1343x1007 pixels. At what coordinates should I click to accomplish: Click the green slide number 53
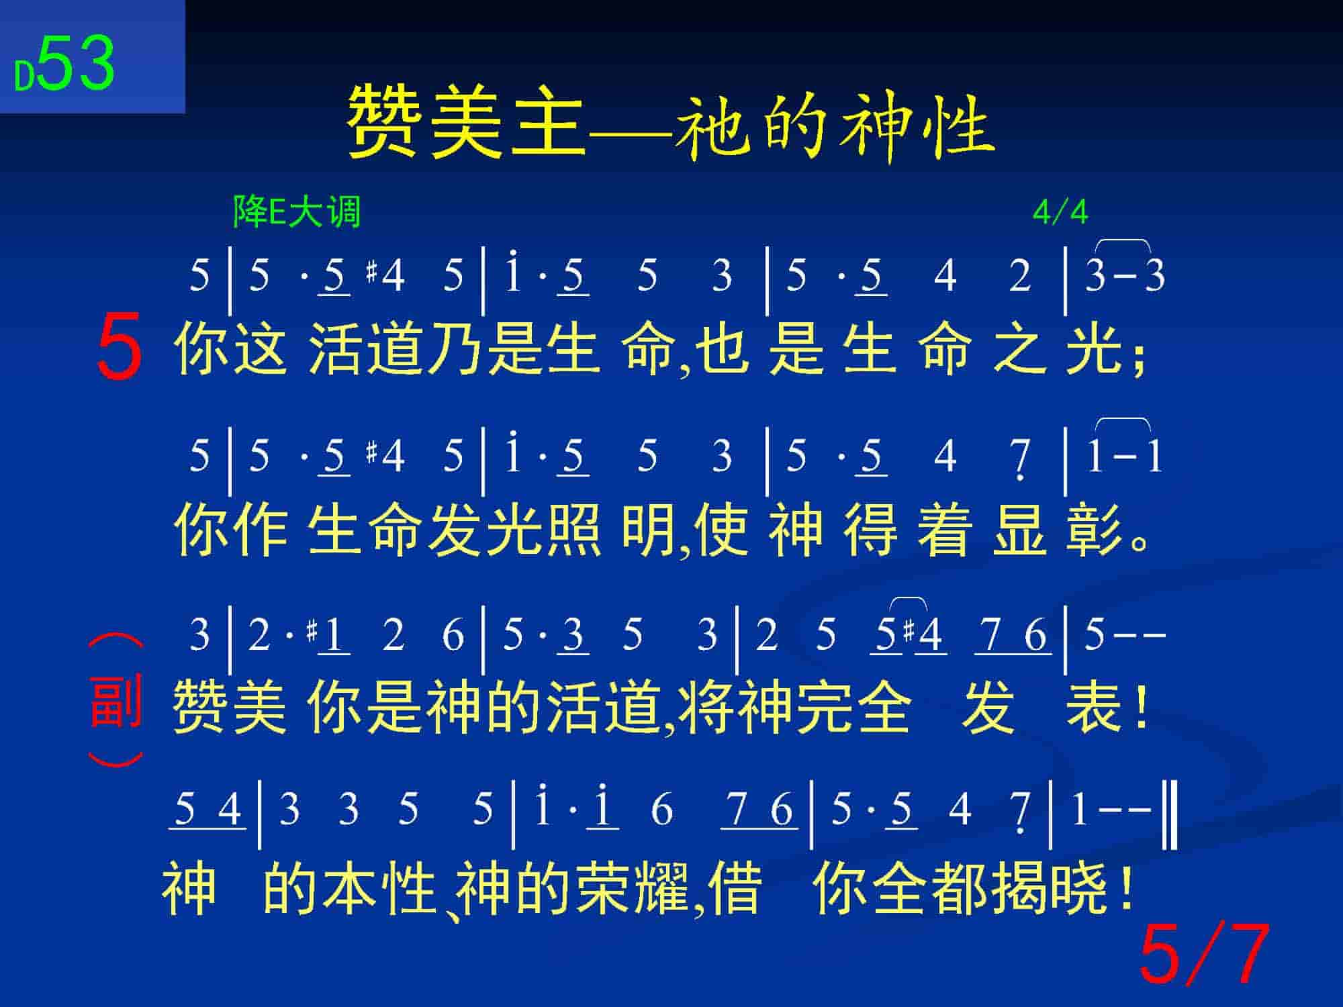[x=75, y=64]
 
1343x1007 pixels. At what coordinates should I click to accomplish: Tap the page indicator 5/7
[x=1204, y=954]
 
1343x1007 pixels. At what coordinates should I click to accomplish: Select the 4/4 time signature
[x=1060, y=213]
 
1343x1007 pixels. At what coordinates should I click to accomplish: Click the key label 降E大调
[x=297, y=212]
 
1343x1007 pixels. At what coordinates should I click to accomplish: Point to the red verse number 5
[x=120, y=347]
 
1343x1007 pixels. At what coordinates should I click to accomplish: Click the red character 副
[x=115, y=702]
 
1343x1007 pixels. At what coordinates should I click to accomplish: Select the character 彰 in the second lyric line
[x=1094, y=530]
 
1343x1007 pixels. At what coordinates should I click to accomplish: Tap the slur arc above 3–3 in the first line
[x=1123, y=241]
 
